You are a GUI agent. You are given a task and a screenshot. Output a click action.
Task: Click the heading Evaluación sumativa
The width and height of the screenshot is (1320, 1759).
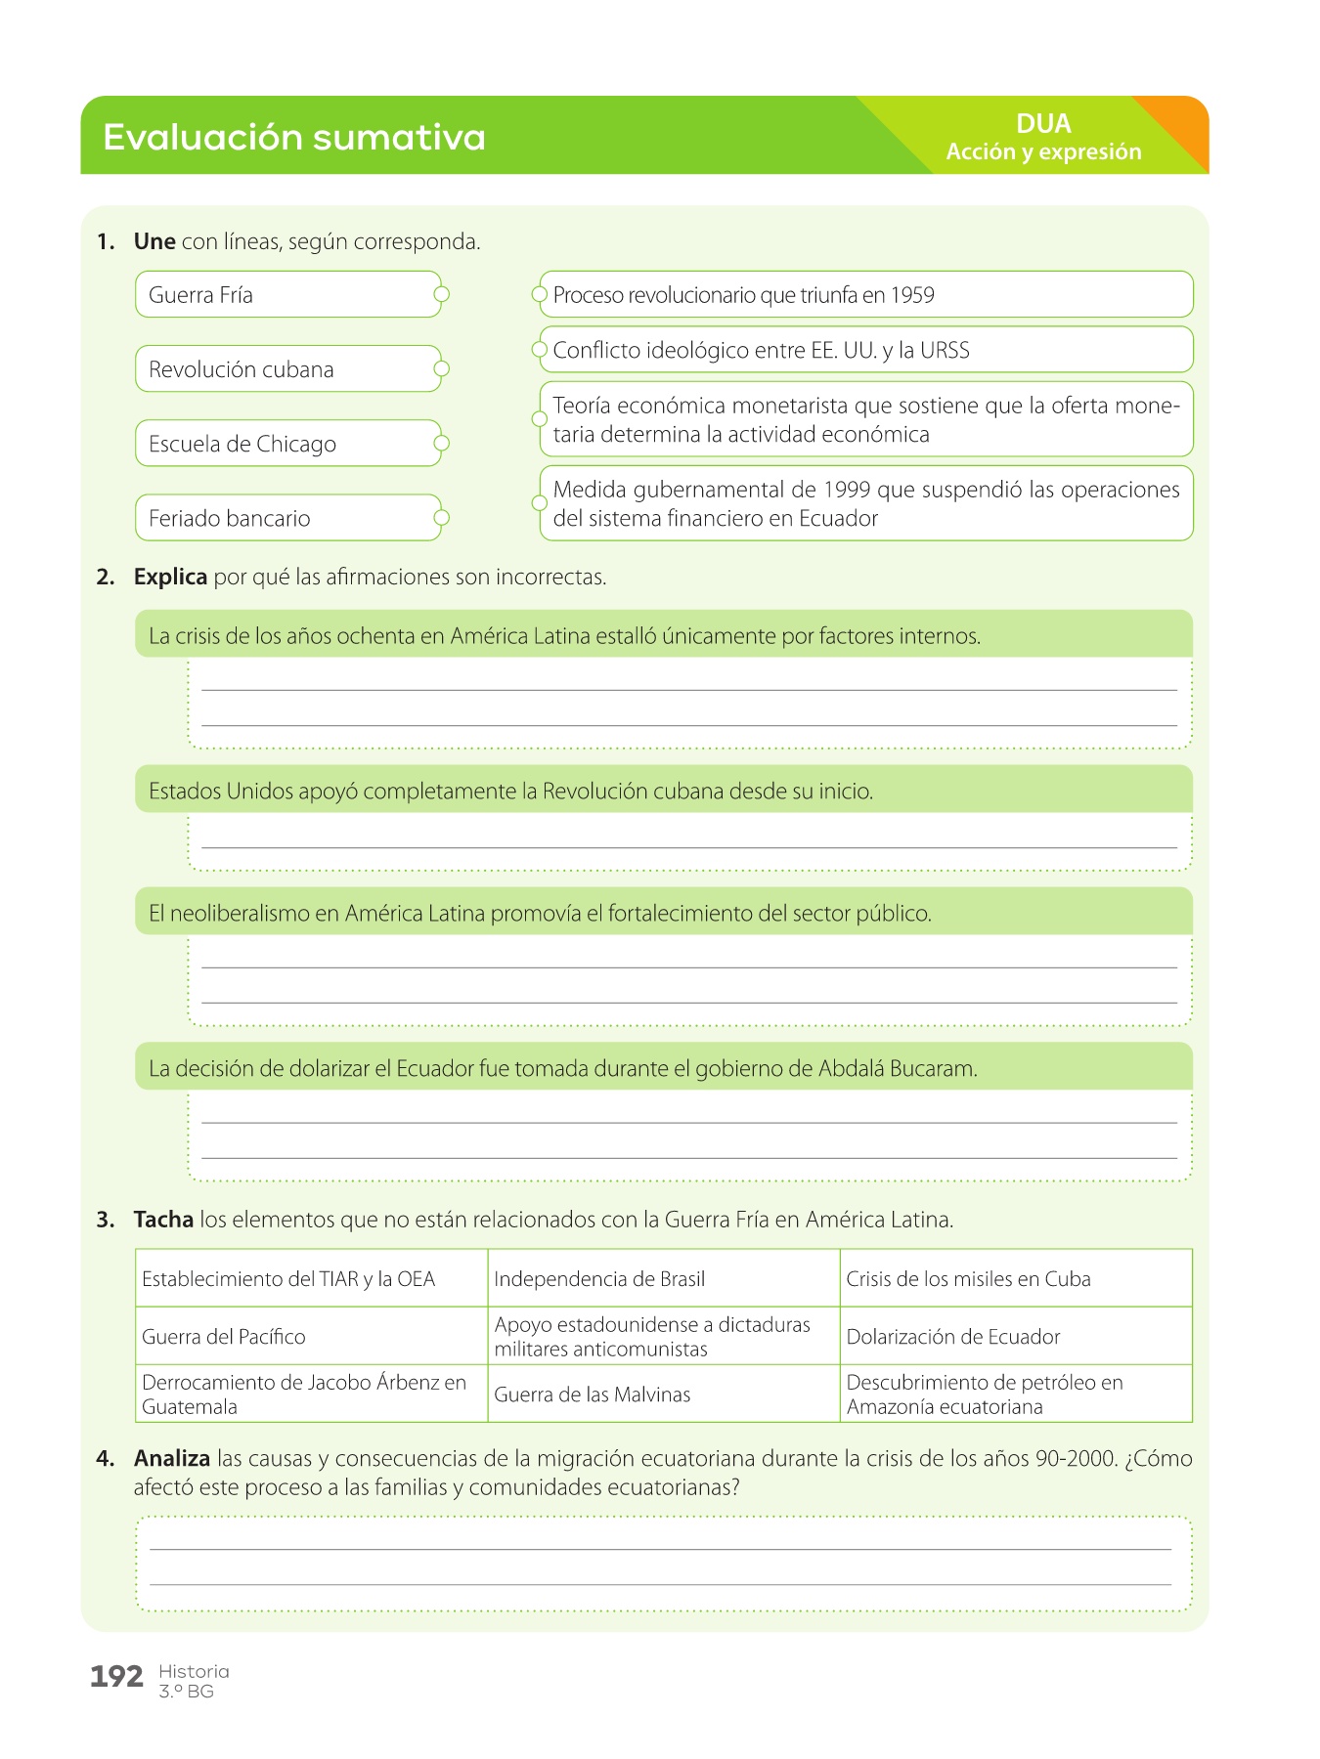pyautogui.click(x=293, y=138)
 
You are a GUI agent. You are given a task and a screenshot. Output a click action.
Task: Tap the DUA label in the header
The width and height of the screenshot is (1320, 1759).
pyautogui.click(x=1043, y=124)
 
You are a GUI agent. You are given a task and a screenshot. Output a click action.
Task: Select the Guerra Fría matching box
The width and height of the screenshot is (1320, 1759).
pyautogui.click(x=287, y=295)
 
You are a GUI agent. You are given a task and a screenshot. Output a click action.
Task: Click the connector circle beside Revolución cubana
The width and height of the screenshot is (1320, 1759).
pyautogui.click(x=442, y=369)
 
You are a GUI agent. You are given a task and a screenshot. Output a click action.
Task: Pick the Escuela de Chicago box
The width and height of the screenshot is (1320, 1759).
pyautogui.click(x=287, y=444)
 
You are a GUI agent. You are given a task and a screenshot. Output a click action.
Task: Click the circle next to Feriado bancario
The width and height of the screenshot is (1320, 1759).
pyautogui.click(x=442, y=518)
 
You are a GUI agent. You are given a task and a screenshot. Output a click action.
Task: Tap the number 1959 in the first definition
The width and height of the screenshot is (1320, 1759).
pyautogui.click(x=912, y=295)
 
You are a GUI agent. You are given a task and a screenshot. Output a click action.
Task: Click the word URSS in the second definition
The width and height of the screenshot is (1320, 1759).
pyautogui.click(x=946, y=351)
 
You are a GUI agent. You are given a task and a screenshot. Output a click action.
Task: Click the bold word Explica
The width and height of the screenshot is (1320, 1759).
pyautogui.click(x=170, y=578)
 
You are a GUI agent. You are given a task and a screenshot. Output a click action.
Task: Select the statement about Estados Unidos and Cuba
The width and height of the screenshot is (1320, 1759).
pyautogui.click(x=510, y=792)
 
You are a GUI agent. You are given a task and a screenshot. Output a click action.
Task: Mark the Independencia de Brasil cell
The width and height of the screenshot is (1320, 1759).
pyautogui.click(x=599, y=1279)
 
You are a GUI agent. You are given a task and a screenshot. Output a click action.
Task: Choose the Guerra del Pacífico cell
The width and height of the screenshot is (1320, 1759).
pyautogui.click(x=224, y=1337)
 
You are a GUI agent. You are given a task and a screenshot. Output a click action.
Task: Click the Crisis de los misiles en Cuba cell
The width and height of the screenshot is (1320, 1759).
pyautogui.click(x=968, y=1279)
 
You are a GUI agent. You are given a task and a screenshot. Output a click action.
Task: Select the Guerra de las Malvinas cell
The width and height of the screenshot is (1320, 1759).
pyautogui.click(x=593, y=1394)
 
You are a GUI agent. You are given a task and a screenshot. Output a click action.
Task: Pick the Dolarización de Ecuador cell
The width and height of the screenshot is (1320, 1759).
pyautogui.click(x=953, y=1337)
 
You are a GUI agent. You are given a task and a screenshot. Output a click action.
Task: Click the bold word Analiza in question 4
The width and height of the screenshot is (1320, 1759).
pyautogui.click(x=172, y=1459)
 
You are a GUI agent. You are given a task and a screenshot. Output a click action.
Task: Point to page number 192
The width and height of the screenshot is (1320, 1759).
pyautogui.click(x=116, y=1677)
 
